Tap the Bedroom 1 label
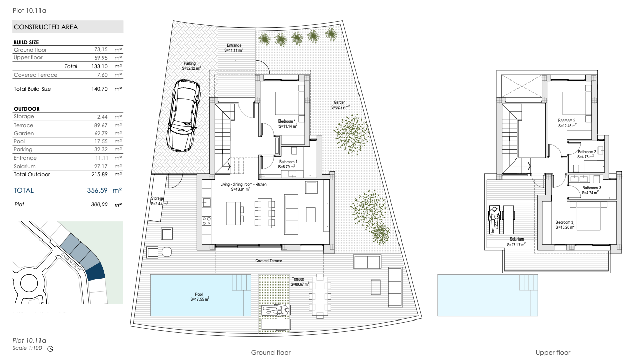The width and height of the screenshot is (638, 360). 287,121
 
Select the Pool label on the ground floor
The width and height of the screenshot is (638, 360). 199,294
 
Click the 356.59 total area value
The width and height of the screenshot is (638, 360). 97,190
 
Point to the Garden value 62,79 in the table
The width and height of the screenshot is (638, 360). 101,133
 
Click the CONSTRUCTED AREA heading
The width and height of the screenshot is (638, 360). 46,27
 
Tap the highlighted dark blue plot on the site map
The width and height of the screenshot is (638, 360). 95,271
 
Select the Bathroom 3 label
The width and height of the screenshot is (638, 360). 591,188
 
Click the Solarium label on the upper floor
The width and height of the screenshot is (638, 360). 516,239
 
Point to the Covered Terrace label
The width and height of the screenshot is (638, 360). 268,261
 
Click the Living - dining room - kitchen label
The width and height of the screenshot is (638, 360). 244,184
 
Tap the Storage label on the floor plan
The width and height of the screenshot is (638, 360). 157,198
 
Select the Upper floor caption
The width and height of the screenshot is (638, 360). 553,353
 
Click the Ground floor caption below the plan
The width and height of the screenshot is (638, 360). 270,353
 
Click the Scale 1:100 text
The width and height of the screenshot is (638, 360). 27,348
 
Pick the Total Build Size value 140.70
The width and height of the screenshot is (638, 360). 99,89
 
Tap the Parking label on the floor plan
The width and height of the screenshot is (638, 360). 190,63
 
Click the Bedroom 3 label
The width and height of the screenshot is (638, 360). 564,222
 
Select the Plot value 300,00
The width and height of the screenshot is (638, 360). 99,204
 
